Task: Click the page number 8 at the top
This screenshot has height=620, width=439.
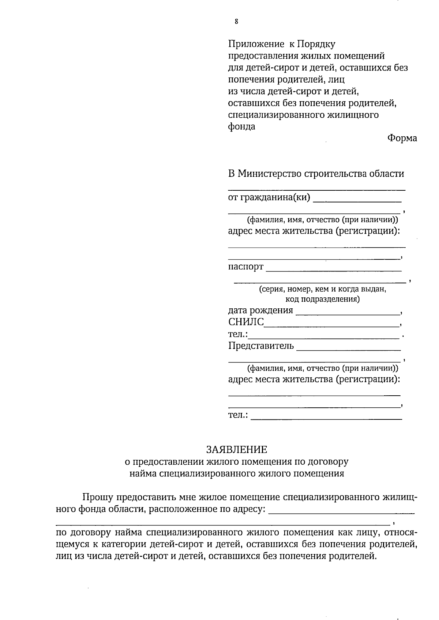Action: pos(236,22)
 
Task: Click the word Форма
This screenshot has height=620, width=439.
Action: pos(402,138)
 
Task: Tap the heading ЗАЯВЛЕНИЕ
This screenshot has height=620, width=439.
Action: pos(237,449)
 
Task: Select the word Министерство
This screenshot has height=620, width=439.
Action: pos(270,174)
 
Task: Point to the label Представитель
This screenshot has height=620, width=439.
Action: pos(260,346)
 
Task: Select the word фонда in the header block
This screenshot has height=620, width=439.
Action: pos(241,127)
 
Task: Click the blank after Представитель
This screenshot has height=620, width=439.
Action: pos(348,349)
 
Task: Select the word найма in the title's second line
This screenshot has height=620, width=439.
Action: pos(143,474)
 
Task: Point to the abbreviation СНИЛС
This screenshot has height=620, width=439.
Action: pos(246,322)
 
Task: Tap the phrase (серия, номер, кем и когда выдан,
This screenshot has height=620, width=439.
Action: pos(322,289)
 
